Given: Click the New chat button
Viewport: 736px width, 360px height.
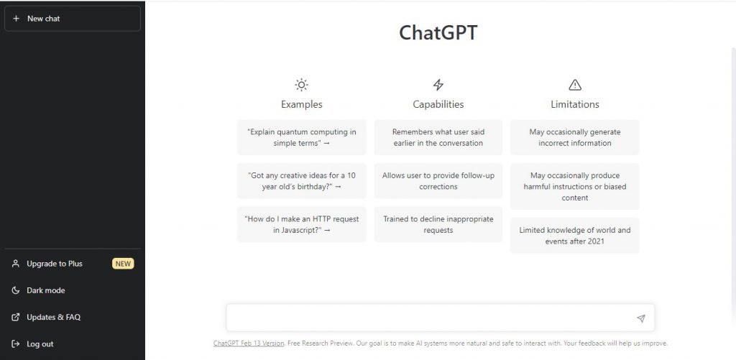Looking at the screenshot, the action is click(x=73, y=19).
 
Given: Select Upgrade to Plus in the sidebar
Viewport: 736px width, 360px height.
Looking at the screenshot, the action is click(x=55, y=264).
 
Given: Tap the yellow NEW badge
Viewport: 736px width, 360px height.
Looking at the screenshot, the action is click(x=123, y=264).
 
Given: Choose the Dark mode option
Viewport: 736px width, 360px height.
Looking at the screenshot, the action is click(x=45, y=290).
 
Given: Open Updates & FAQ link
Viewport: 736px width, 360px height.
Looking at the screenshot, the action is click(x=53, y=318).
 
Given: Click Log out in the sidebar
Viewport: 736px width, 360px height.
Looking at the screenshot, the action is click(x=40, y=344).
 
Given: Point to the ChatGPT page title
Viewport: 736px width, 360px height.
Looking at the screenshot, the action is click(x=438, y=33).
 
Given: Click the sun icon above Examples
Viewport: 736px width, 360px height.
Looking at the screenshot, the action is click(x=301, y=85).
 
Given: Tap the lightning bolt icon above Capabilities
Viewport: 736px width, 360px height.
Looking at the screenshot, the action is click(x=438, y=85).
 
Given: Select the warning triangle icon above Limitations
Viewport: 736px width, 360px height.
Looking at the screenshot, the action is click(x=575, y=85).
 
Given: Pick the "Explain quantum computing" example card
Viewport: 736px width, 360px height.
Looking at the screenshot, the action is click(x=302, y=137).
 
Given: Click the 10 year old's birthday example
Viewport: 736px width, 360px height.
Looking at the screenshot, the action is click(x=302, y=180).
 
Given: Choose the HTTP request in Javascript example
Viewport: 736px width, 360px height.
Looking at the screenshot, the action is click(x=302, y=224).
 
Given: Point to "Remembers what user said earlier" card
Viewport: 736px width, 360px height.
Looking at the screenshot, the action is click(x=438, y=137).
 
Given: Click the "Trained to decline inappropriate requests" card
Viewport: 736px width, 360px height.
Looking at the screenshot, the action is click(x=438, y=224).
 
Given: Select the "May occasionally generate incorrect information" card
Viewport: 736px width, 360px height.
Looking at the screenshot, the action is click(x=575, y=137).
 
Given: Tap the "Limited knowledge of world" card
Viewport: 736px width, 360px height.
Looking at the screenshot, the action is click(x=575, y=236).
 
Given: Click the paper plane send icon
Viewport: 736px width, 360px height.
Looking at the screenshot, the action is click(x=640, y=318).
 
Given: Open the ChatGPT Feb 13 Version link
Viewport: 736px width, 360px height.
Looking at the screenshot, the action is click(x=249, y=343).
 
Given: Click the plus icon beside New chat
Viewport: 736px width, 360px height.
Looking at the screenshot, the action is click(x=16, y=19).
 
